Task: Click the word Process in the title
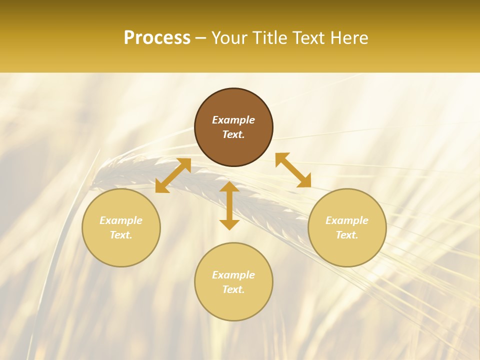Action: click(157, 38)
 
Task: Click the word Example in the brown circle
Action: click(233, 120)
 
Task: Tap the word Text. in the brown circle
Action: click(233, 134)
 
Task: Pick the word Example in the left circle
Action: click(121, 220)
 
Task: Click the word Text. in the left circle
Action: click(121, 235)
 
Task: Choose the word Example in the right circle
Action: click(347, 220)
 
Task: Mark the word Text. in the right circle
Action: click(347, 235)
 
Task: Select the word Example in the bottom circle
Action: click(233, 275)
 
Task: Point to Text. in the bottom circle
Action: click(233, 289)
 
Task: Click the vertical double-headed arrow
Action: click(229, 205)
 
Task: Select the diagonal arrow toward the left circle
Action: click(173, 175)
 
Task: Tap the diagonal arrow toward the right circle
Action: click(293, 170)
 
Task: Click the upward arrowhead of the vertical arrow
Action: click(229, 187)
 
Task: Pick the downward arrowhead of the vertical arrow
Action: click(229, 224)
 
